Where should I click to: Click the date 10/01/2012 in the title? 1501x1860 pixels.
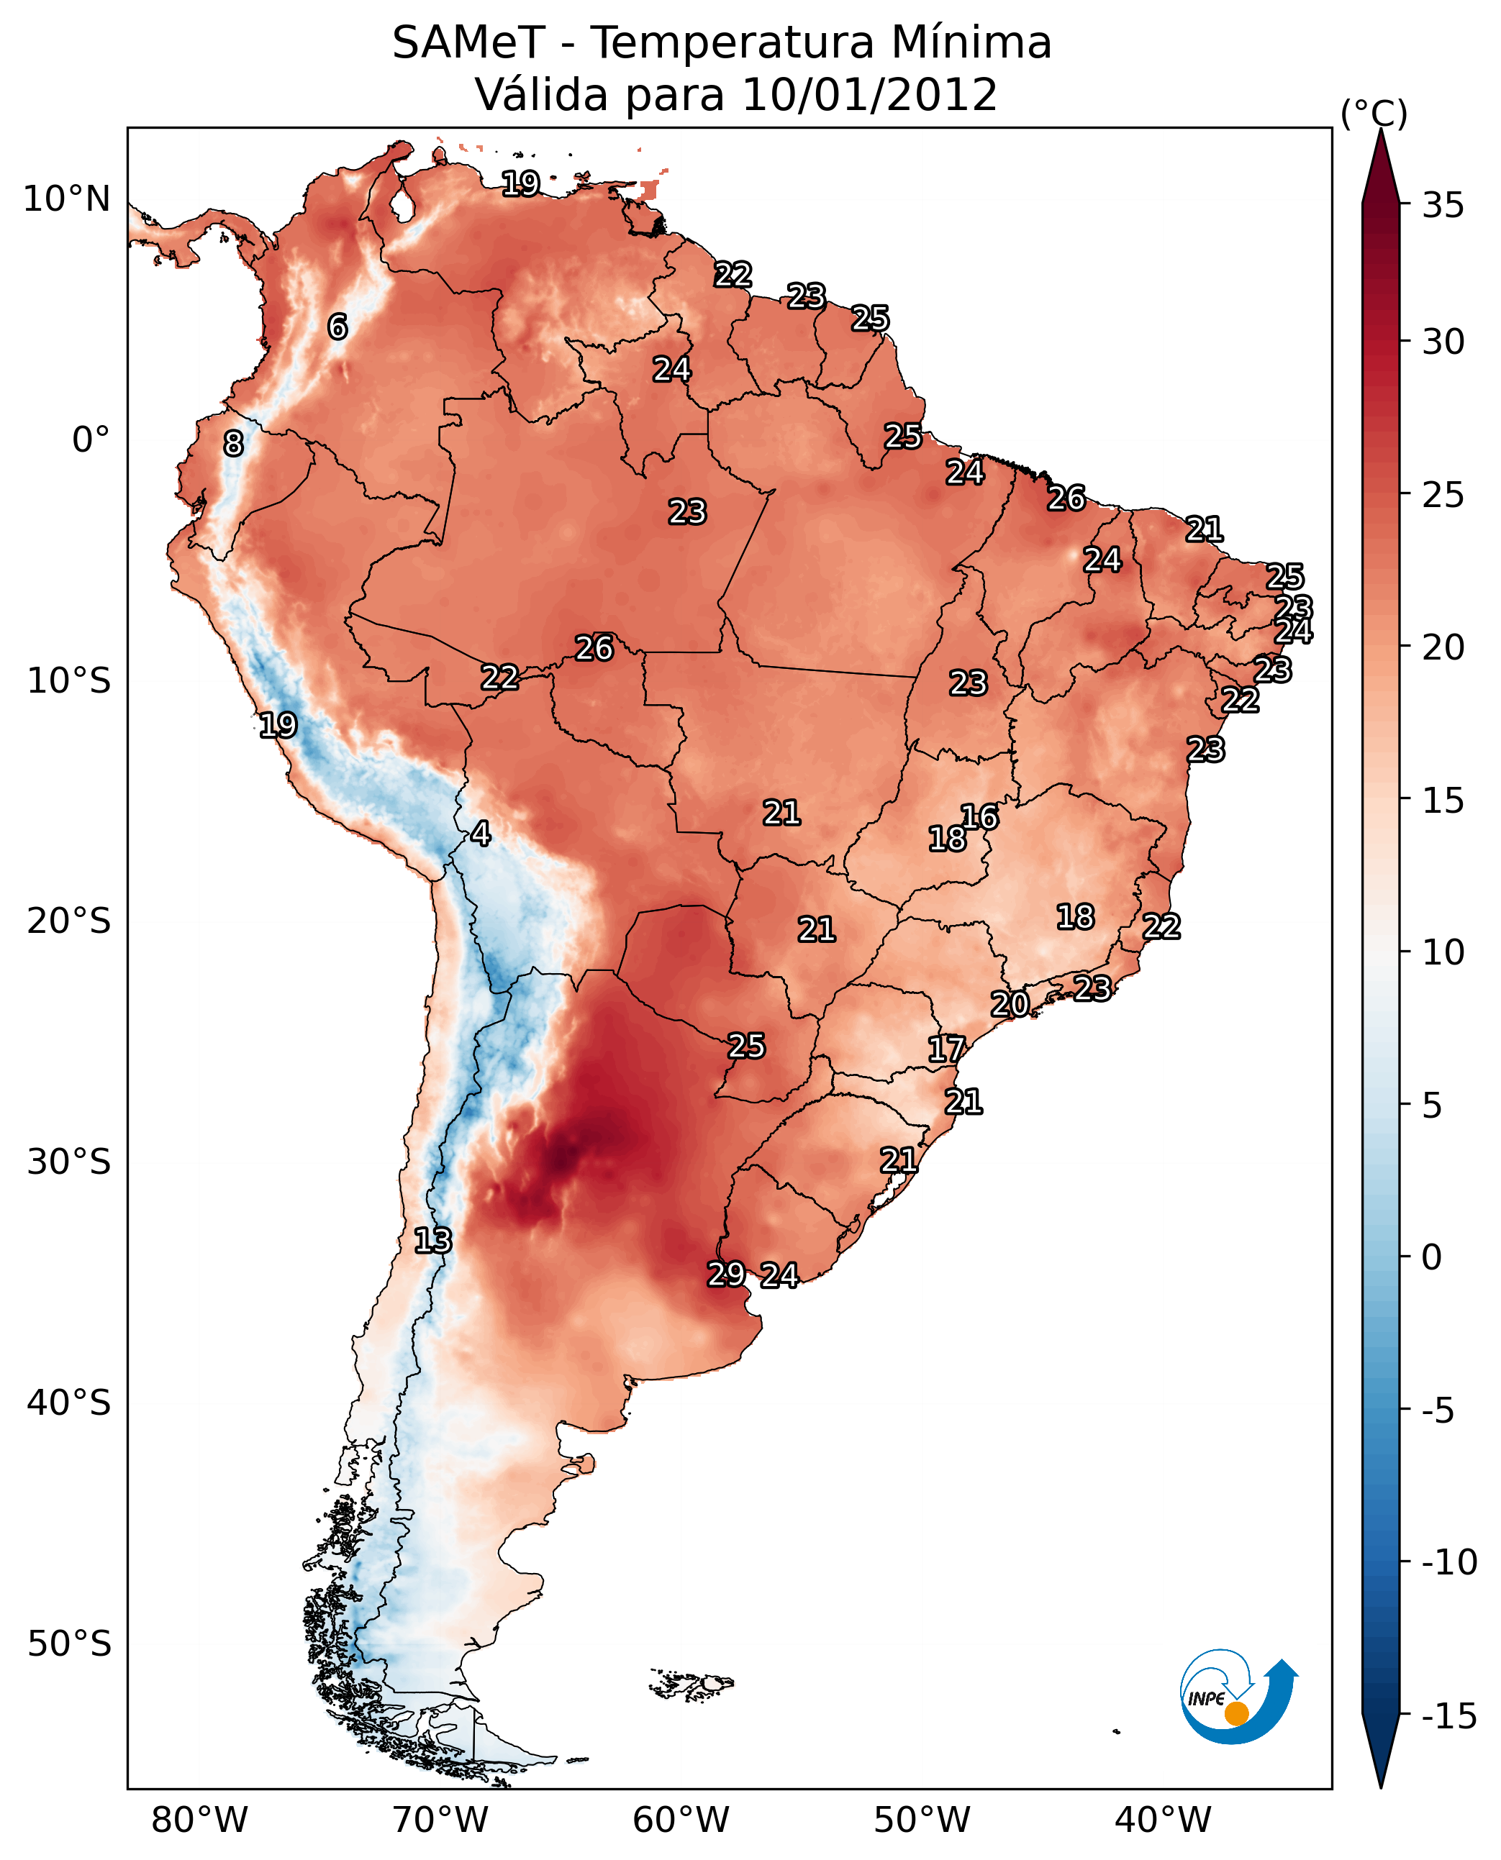tap(869, 95)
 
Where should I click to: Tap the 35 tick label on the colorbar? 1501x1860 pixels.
tap(1443, 206)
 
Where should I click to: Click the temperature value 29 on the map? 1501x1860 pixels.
tap(726, 1273)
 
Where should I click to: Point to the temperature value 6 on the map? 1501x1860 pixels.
tap(337, 327)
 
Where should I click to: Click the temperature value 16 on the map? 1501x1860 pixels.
tap(979, 817)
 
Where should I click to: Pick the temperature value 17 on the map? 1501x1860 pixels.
tap(946, 1049)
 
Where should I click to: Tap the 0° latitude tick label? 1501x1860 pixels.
tap(91, 441)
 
